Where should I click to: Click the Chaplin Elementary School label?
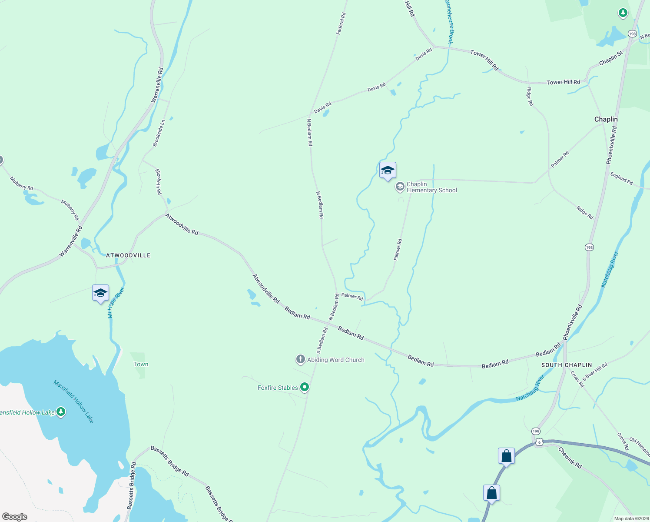[x=431, y=187]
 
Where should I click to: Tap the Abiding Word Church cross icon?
[x=300, y=360]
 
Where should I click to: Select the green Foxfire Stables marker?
[x=305, y=387]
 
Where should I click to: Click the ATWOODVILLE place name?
[x=128, y=255]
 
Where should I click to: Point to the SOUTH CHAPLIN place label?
[x=567, y=365]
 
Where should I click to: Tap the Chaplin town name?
[x=606, y=119]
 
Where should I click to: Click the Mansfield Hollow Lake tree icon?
[x=61, y=412]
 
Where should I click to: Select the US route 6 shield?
[x=539, y=442]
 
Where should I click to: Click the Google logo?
[x=15, y=517]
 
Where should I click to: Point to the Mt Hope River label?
[x=116, y=302]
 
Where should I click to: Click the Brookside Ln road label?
[x=159, y=133]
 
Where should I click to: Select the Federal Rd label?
[x=341, y=23]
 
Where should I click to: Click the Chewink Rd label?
[x=570, y=458]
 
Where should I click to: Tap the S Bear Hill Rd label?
[x=595, y=372]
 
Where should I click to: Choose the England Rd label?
[x=621, y=178]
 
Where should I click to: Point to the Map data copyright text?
[x=631, y=519]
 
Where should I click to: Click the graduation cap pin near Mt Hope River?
[x=100, y=293]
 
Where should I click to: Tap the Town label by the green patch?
[x=141, y=364]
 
